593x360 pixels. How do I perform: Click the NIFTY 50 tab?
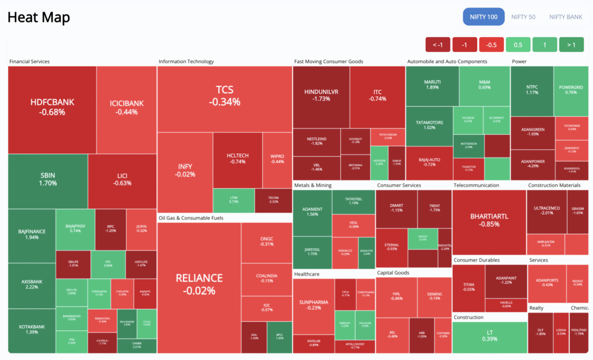524,17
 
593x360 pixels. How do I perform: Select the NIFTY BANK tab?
566,17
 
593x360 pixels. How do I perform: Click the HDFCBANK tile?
52,107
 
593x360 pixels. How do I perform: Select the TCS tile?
224,95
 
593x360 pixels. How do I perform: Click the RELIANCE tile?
199,284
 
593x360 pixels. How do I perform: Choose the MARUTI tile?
432,85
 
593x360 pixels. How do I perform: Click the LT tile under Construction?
489,335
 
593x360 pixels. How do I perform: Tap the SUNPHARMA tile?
313,304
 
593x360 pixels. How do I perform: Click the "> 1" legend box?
571,45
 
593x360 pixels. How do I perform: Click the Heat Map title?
38,17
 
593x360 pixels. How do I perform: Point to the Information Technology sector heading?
186,61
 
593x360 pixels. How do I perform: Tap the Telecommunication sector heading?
476,185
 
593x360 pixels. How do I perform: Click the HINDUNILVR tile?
321,95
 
